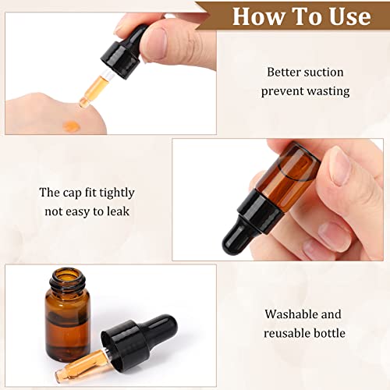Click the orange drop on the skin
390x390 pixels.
[x=72, y=126]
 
